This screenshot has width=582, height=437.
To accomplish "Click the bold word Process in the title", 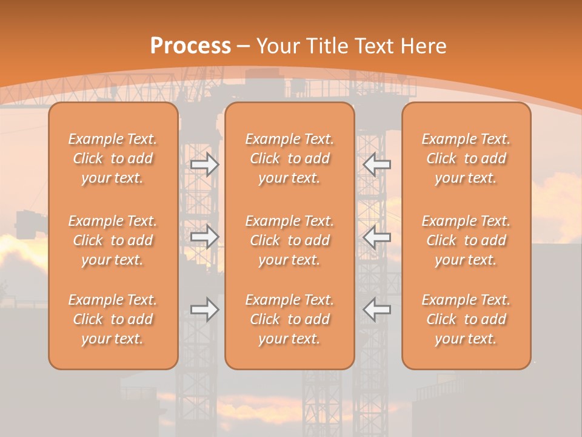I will [x=190, y=46].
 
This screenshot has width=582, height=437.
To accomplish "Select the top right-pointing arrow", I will [x=205, y=164].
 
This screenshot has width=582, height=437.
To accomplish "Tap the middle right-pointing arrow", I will [x=205, y=237].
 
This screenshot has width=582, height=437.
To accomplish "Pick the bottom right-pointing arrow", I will [x=205, y=310].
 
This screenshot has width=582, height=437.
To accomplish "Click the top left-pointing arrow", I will [x=376, y=164].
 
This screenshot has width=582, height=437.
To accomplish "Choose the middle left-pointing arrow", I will [x=376, y=237].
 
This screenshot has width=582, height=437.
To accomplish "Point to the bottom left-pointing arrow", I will [x=376, y=310].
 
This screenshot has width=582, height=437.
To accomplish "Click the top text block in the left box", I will [x=113, y=158].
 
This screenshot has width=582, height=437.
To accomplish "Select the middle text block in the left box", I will [x=113, y=240].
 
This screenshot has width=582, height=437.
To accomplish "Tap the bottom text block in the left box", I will [x=113, y=319].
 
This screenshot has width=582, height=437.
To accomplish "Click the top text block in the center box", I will [x=290, y=158].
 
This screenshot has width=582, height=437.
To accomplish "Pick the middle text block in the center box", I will [x=290, y=240].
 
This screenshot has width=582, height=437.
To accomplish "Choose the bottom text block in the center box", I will [x=290, y=319].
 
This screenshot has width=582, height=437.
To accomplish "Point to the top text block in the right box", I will [x=466, y=158].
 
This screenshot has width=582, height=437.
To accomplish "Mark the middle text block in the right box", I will [x=466, y=240].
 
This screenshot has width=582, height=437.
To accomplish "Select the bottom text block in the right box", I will [x=466, y=319].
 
